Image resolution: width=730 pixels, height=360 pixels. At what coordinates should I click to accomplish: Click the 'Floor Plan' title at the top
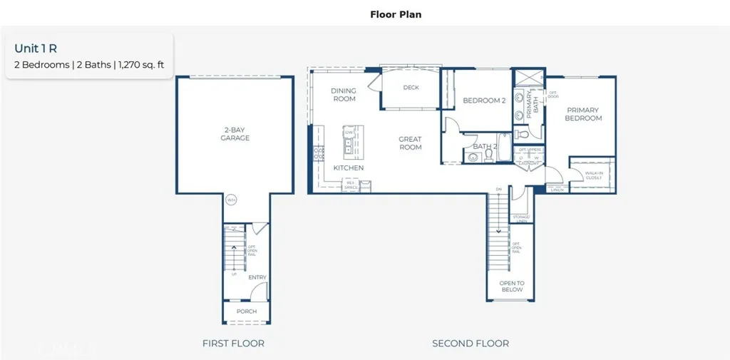point(396,14)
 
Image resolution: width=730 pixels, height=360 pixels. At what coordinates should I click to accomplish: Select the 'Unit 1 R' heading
point(36,48)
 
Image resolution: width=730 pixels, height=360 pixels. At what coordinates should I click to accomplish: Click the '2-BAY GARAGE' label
point(235,134)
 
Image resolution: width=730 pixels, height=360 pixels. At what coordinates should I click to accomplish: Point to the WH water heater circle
point(231,200)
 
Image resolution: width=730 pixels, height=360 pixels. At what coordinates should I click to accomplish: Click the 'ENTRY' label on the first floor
point(257,277)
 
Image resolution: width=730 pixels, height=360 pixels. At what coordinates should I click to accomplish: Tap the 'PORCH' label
point(247,312)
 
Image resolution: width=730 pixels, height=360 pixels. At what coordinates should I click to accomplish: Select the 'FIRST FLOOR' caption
point(233,344)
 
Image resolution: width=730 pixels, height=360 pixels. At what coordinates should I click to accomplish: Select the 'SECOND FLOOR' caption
point(471,344)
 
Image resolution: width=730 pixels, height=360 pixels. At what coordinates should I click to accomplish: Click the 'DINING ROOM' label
point(344,95)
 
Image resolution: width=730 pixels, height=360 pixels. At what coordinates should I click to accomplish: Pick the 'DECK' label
point(411,88)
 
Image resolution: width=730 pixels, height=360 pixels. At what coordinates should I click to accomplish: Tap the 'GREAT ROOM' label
point(410,143)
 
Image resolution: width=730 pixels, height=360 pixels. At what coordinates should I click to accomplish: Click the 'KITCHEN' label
point(349,168)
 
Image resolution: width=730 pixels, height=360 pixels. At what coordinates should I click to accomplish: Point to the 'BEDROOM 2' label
point(484,101)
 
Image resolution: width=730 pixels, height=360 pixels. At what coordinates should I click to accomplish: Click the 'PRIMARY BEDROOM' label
point(583,114)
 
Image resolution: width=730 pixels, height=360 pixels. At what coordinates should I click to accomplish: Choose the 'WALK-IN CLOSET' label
point(593,175)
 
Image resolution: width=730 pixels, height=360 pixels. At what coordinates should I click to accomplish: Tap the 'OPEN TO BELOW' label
point(512,287)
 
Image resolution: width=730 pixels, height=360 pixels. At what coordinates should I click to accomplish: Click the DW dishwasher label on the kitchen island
point(349,133)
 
